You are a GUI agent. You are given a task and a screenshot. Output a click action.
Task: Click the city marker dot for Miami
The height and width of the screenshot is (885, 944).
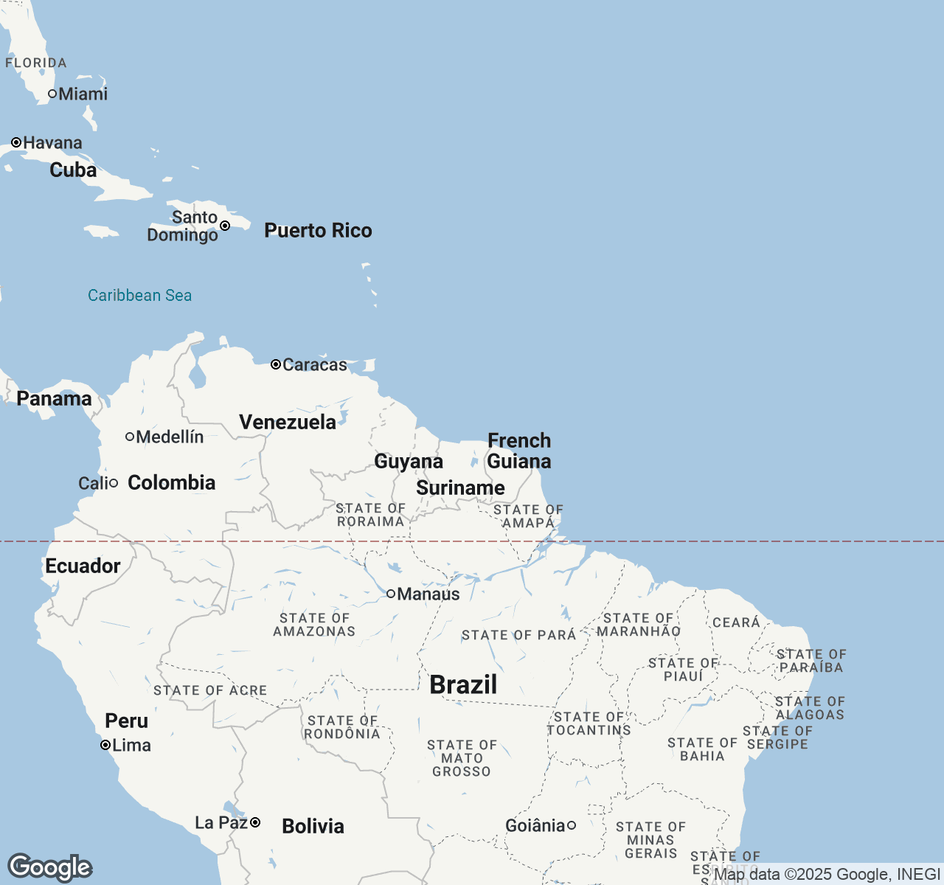click(x=52, y=94)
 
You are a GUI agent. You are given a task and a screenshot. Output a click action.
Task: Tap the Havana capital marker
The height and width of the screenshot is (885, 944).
click(x=16, y=142)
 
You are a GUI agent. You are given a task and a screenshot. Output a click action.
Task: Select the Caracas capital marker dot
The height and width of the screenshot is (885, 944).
click(x=276, y=364)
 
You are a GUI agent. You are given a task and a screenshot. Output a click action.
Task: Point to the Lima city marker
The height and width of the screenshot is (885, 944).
click(x=105, y=746)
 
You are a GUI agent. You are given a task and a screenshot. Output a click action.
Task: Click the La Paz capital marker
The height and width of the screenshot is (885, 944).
click(x=255, y=822)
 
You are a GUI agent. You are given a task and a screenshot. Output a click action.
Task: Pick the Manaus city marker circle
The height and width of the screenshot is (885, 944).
click(x=391, y=594)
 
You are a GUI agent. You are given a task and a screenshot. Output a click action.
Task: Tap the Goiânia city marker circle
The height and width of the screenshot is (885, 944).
click(x=571, y=825)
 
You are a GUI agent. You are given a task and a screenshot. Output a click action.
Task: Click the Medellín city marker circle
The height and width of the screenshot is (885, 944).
click(x=130, y=437)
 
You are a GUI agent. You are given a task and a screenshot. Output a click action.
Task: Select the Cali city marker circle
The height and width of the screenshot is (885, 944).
click(x=114, y=483)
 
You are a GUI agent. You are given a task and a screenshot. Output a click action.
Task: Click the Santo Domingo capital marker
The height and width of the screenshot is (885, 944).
click(x=225, y=226)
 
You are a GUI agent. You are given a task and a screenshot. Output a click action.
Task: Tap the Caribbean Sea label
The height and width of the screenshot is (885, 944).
click(x=139, y=296)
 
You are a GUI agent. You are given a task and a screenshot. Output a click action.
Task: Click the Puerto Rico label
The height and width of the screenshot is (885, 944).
click(x=318, y=231)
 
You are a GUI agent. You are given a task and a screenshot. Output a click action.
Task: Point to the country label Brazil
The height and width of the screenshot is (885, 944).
click(x=463, y=685)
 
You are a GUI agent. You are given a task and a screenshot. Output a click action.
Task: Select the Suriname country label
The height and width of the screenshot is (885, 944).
click(x=460, y=488)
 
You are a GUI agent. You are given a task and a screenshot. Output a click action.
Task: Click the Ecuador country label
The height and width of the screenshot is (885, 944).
click(x=83, y=566)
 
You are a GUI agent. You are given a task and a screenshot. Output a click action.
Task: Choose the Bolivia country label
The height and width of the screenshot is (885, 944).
click(x=313, y=826)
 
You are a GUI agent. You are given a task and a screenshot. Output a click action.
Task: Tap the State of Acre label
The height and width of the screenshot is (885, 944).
click(x=210, y=691)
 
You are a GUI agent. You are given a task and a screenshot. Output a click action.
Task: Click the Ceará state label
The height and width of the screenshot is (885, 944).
click(x=736, y=622)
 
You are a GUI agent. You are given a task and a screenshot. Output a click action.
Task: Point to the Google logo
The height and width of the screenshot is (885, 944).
click(x=49, y=868)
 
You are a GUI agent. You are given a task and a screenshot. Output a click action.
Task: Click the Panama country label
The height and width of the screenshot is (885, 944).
click(x=54, y=399)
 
